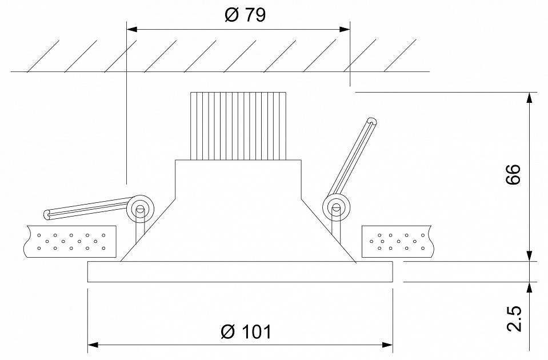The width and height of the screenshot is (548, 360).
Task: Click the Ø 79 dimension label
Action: (245, 15)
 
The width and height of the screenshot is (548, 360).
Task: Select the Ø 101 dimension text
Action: (245, 332)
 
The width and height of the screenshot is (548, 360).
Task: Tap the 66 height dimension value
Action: (513, 174)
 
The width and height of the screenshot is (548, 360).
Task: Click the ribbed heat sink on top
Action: (237, 126)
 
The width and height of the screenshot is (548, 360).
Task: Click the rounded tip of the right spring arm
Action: (373, 121)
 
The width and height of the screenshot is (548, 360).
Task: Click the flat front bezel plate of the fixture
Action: (240, 272)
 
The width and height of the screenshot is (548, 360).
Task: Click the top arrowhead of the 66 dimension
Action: (530, 98)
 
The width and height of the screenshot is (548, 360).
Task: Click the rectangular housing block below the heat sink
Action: (237, 177)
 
